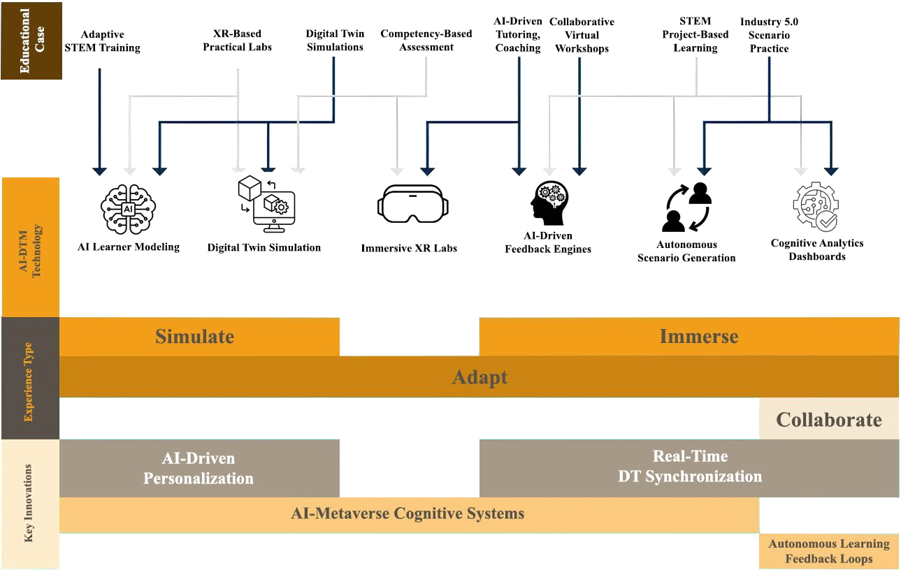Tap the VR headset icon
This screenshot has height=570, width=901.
click(410, 203)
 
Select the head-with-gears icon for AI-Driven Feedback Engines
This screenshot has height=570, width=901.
click(547, 203)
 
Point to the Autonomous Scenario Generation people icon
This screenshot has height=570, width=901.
click(686, 207)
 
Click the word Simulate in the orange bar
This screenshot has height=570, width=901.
click(194, 336)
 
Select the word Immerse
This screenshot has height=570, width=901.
click(698, 336)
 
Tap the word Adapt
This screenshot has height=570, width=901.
click(479, 377)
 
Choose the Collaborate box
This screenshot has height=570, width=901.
click(829, 420)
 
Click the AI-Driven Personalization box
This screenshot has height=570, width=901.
click(199, 468)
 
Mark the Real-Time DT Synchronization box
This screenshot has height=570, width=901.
click(689, 467)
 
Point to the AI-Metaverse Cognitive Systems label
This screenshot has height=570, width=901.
click(408, 514)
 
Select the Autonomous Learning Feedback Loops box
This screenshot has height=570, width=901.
click(829, 551)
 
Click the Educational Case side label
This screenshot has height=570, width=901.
click(31, 40)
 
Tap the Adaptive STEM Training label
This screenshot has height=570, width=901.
click(101, 41)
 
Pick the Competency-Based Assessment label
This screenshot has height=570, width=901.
click(426, 41)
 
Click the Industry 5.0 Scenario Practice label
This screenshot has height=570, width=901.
click(769, 35)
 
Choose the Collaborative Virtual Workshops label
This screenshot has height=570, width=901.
click(582, 35)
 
